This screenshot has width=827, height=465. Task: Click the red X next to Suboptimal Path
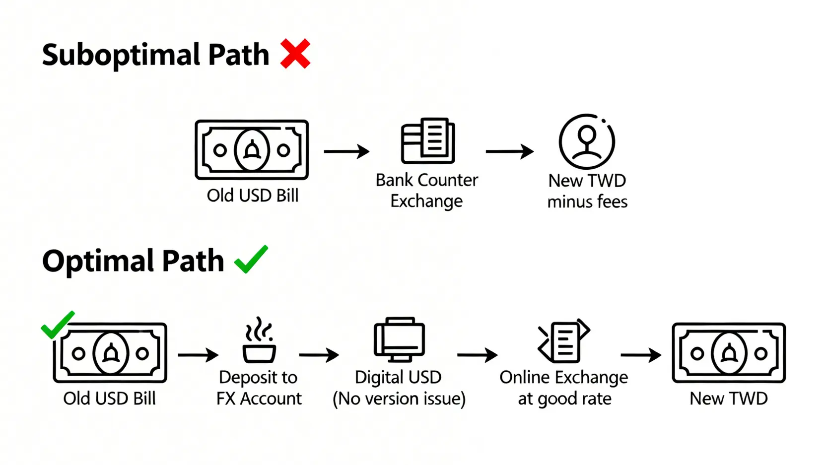tap(295, 54)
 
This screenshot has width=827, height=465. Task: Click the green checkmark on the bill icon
tap(58, 325)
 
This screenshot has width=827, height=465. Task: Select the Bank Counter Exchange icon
tap(427, 141)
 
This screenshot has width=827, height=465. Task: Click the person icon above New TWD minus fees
tap(587, 142)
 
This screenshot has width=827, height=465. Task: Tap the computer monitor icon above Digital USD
tap(399, 339)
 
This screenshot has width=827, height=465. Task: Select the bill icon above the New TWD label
tap(728, 353)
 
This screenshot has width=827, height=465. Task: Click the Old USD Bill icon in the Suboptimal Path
tap(252, 149)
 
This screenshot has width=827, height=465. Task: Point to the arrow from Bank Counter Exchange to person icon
tap(509, 151)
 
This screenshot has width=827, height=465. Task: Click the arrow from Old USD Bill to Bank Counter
tap(346, 151)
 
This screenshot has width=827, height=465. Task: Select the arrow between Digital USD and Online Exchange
tap(477, 355)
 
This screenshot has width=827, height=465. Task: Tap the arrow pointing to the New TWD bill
tap(641, 355)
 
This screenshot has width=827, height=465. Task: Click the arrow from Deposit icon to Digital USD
tap(319, 355)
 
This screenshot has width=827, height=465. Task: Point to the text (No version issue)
tap(399, 399)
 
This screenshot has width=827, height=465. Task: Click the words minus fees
tap(587, 201)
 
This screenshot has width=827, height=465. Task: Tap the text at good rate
tap(564, 399)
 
